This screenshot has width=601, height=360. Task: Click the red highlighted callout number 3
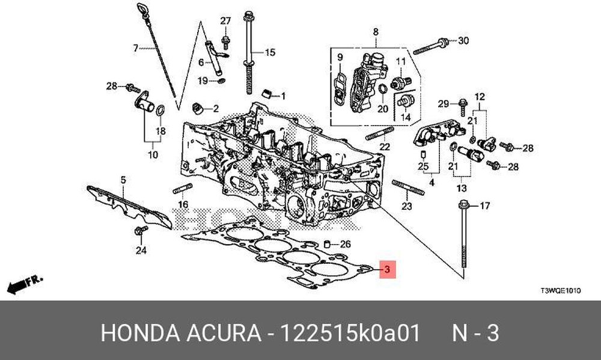click(387, 269)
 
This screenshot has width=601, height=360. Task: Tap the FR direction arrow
click(25, 284)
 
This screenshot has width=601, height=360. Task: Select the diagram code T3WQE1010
click(560, 291)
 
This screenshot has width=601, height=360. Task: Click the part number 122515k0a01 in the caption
click(350, 333)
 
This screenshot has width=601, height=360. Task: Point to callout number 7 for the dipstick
click(136, 48)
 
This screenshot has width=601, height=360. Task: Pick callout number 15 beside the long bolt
click(270, 52)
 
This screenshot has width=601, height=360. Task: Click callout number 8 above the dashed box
click(375, 32)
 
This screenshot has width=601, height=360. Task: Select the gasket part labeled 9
click(339, 90)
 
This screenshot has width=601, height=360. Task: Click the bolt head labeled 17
click(463, 205)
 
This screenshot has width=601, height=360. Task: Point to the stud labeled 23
click(408, 188)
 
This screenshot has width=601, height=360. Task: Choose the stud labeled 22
click(380, 133)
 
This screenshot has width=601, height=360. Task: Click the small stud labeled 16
click(183, 188)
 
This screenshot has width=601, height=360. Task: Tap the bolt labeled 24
click(141, 231)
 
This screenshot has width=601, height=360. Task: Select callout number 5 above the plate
click(123, 180)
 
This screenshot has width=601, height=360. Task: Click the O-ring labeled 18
click(160, 110)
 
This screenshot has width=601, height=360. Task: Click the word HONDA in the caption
click(140, 333)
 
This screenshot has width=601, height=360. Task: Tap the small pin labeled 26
click(328, 244)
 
